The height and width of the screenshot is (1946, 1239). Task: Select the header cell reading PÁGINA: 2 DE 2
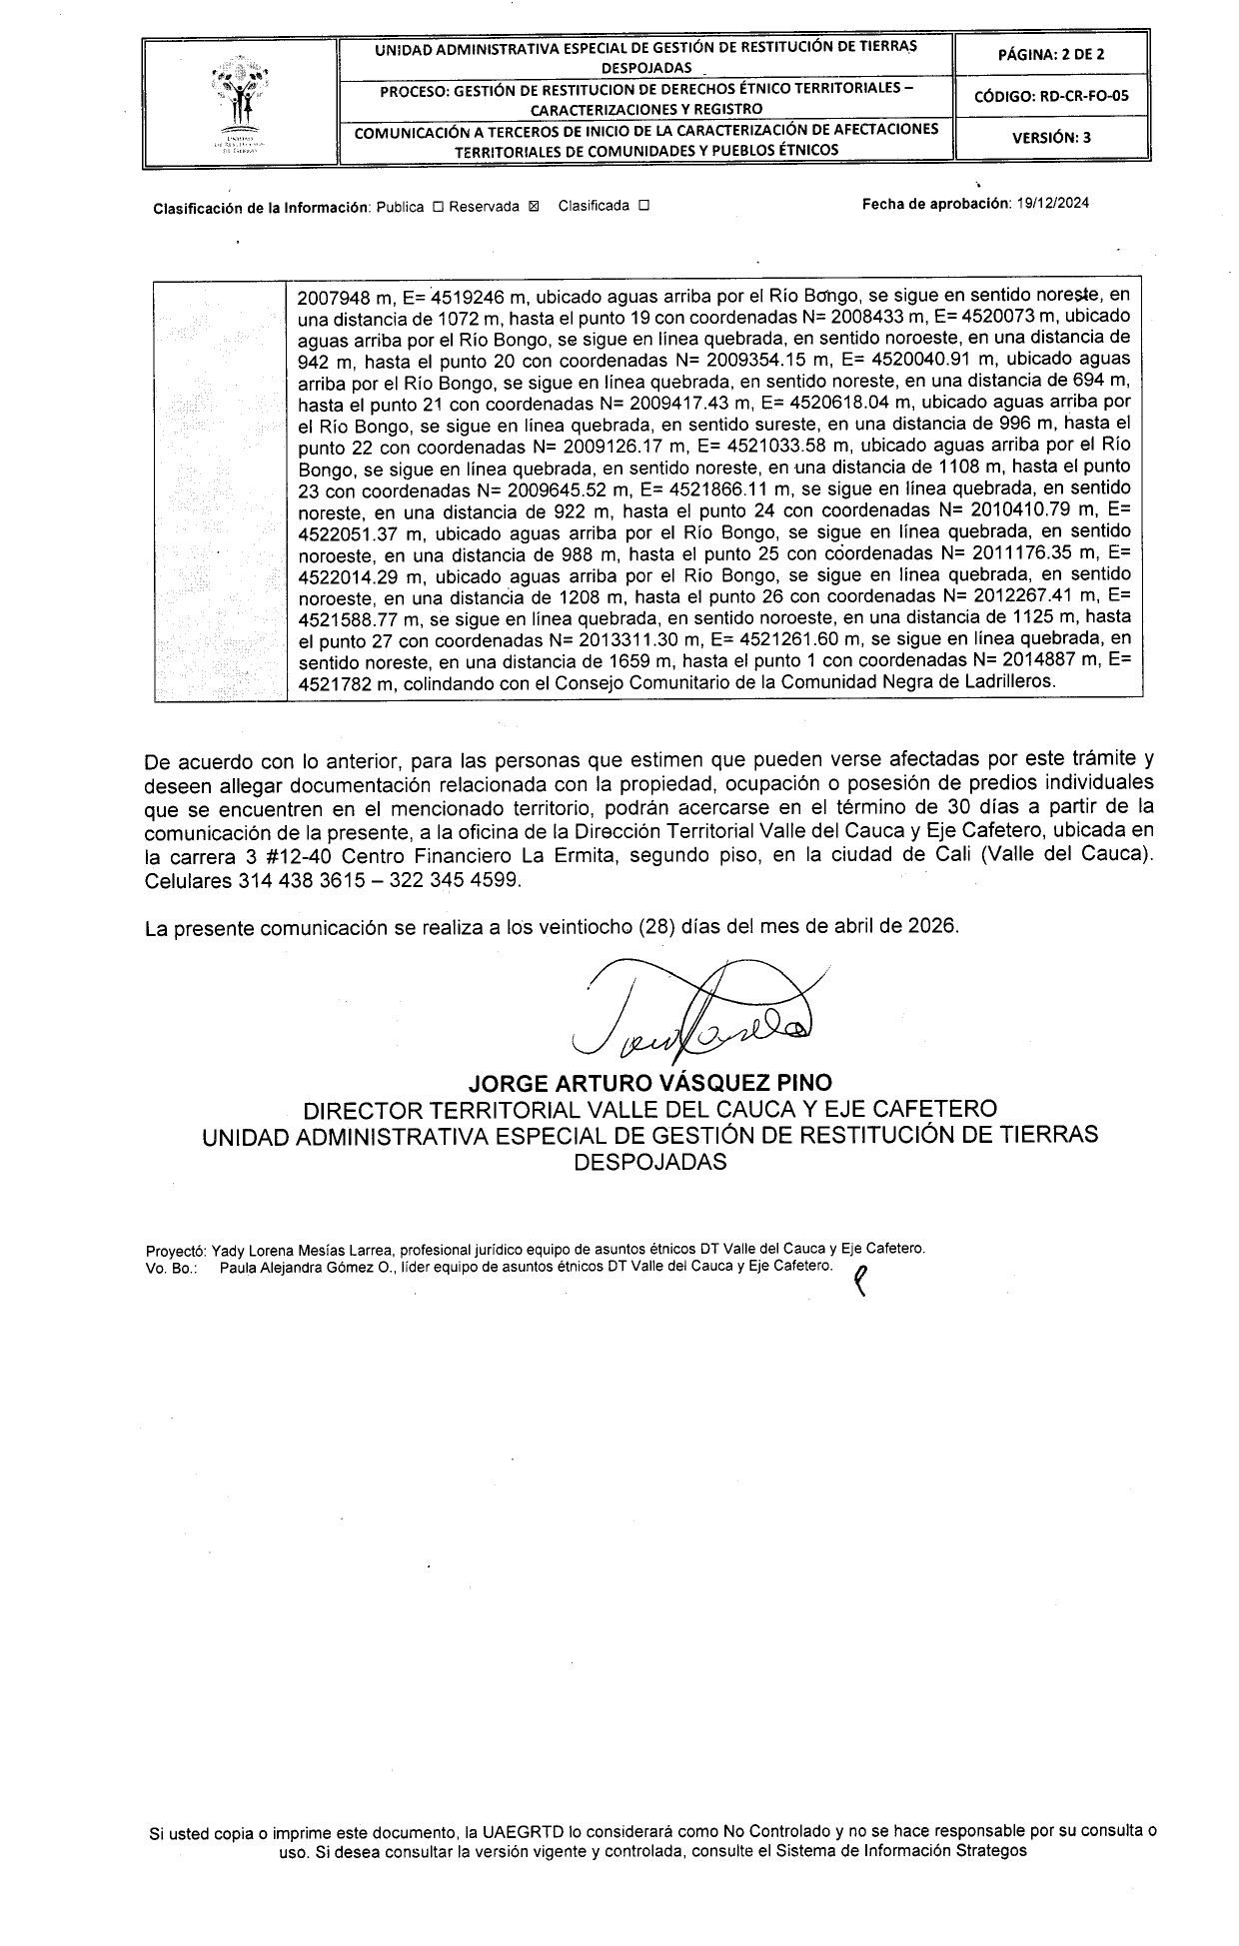point(1051,55)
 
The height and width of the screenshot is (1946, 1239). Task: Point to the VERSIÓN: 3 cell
point(1051,138)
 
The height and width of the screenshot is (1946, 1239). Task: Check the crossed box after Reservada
point(533,207)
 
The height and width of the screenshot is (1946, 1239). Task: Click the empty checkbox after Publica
point(438,207)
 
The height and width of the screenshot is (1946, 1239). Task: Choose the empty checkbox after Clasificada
point(643,207)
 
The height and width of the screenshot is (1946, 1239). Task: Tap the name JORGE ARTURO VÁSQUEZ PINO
point(650,1082)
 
